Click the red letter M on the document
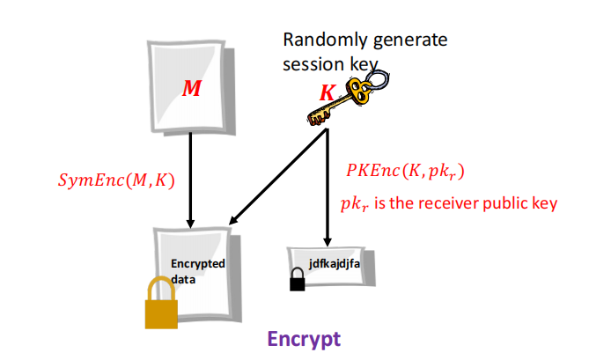tap(190, 89)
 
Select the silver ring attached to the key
tap(381, 80)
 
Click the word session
tap(308, 63)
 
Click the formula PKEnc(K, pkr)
tap(405, 171)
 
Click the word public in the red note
tap(514, 203)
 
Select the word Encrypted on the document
tap(198, 263)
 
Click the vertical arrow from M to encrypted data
tap(191, 176)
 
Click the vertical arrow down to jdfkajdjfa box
tap(328, 189)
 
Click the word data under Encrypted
tap(182, 276)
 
